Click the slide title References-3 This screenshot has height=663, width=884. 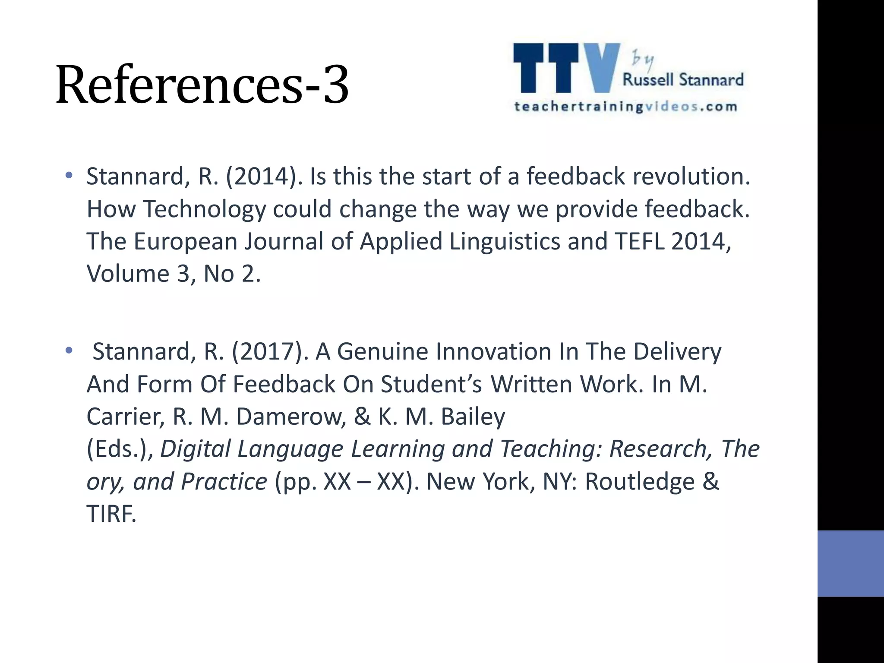pyautogui.click(x=202, y=84)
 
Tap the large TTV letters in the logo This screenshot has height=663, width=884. pyautogui.click(x=565, y=68)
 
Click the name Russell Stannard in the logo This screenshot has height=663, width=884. pyautogui.click(x=682, y=80)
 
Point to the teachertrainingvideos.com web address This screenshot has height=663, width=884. pyautogui.click(x=625, y=107)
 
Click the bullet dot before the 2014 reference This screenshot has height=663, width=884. pyautogui.click(x=69, y=175)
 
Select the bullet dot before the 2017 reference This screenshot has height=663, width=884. pyautogui.click(x=69, y=350)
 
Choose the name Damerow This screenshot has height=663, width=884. pyautogui.click(x=291, y=417)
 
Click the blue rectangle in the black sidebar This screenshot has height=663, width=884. pyautogui.click(x=850, y=563)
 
